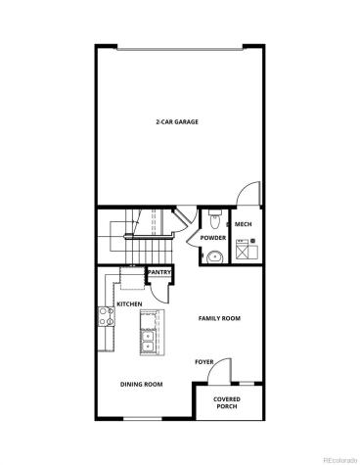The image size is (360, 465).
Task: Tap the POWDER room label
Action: click(x=213, y=238)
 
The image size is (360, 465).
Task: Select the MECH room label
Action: click(x=245, y=225)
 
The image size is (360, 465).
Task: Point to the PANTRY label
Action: click(x=158, y=272)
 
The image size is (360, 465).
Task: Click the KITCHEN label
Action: click(x=129, y=303)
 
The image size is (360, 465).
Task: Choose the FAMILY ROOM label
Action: click(x=220, y=318)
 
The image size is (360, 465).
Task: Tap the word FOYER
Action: click(x=203, y=362)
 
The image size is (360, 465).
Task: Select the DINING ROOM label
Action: click(x=141, y=385)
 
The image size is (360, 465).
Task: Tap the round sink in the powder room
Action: click(x=214, y=256)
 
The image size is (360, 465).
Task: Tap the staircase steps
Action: click(x=122, y=235)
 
